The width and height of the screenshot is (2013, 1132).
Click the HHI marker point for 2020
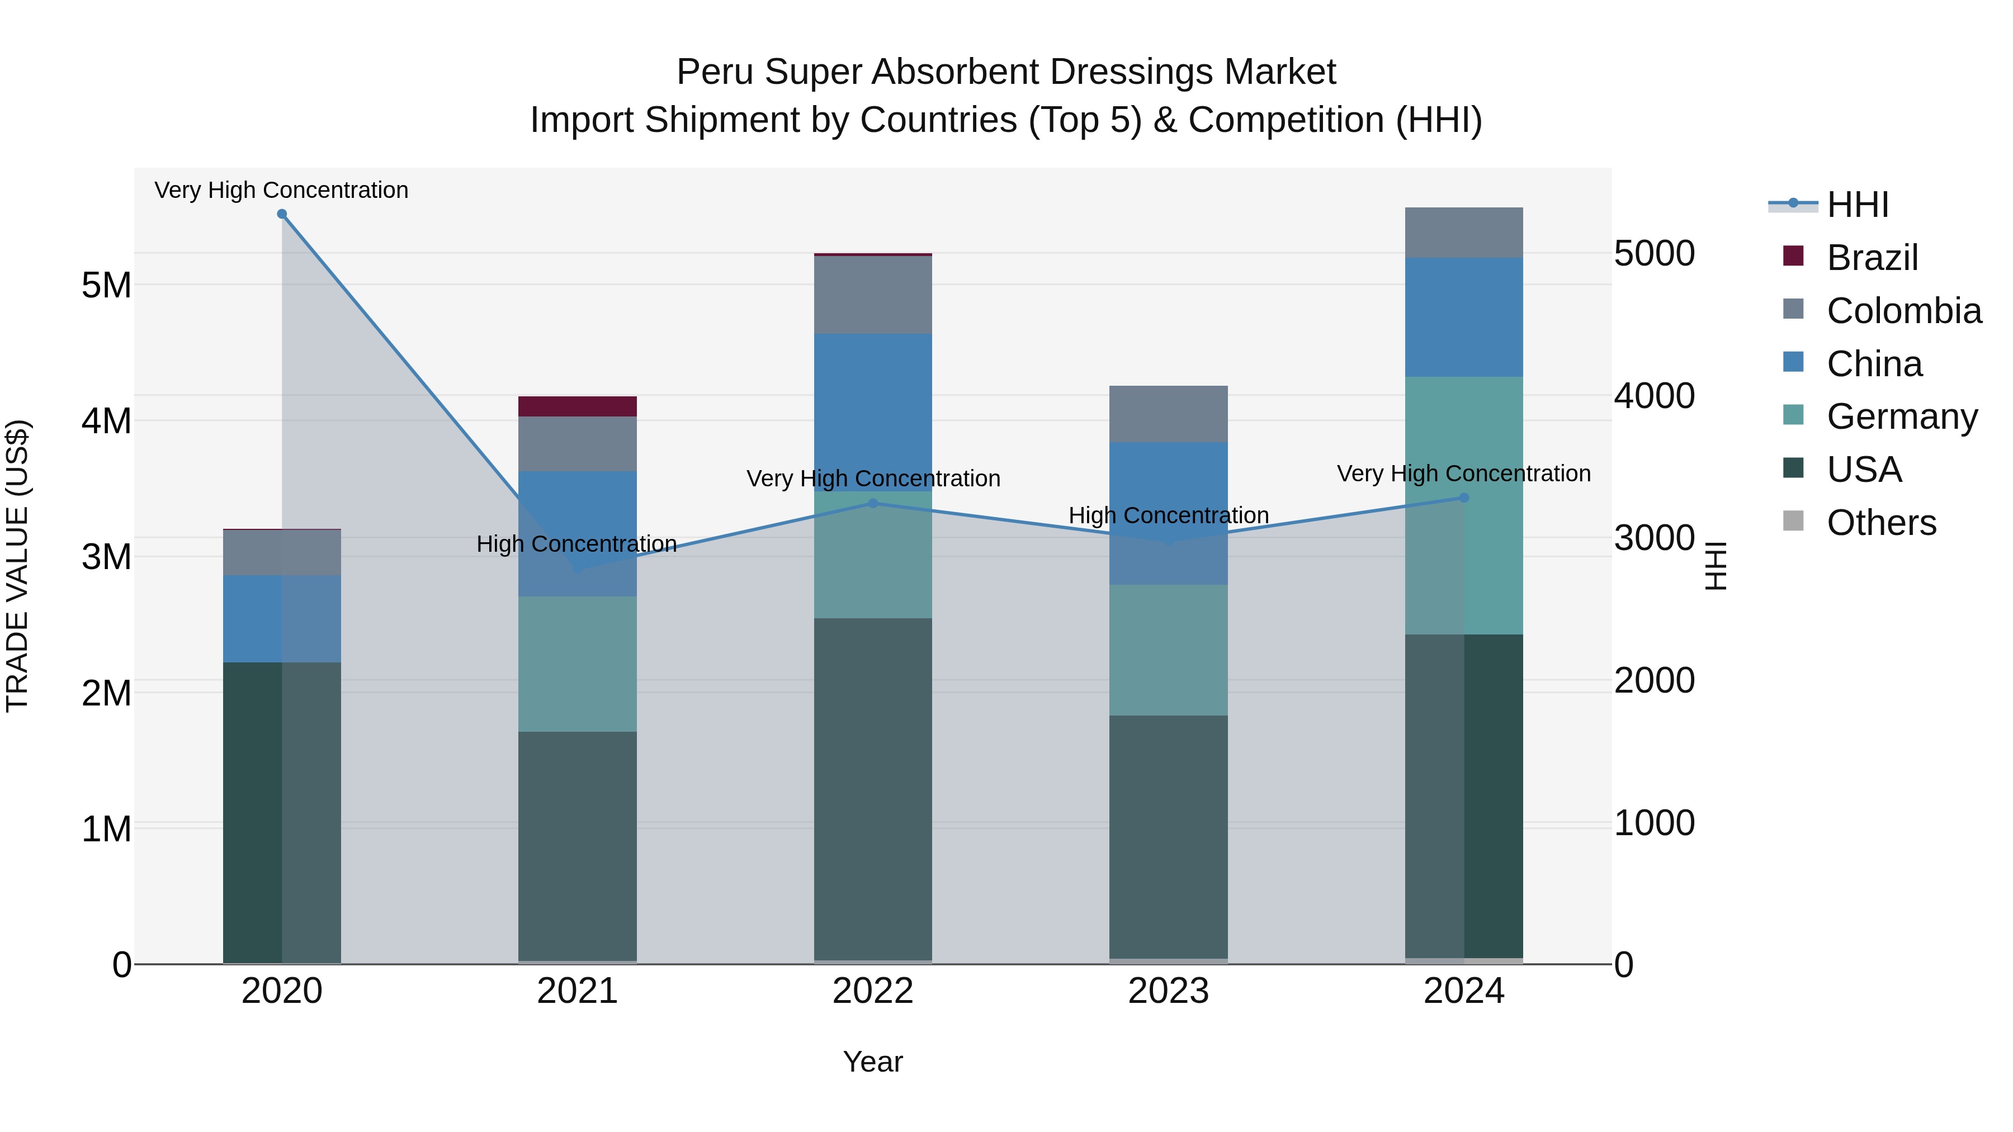[x=282, y=214]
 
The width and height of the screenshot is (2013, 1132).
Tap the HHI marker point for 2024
[x=1464, y=498]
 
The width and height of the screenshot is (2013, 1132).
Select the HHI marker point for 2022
[x=873, y=503]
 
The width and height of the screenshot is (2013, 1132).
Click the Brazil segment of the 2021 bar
[x=578, y=406]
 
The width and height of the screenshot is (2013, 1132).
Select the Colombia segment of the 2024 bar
[x=1464, y=233]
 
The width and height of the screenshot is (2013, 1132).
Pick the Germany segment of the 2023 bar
[x=1168, y=650]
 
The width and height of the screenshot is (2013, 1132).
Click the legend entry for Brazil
[x=1872, y=258]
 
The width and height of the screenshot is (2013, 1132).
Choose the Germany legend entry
[x=1901, y=416]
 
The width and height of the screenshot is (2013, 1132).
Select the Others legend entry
[x=1881, y=523]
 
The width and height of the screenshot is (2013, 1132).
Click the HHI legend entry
[x=1856, y=205]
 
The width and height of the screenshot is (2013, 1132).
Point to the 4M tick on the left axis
[x=106, y=421]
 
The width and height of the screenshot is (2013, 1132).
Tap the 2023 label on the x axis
[x=1168, y=991]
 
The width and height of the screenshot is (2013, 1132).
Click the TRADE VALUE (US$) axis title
[x=17, y=566]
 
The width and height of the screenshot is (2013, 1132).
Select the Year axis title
[x=873, y=1062]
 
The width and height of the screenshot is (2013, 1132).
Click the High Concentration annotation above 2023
[x=1168, y=515]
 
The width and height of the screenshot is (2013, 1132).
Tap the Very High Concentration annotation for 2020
[x=281, y=190]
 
